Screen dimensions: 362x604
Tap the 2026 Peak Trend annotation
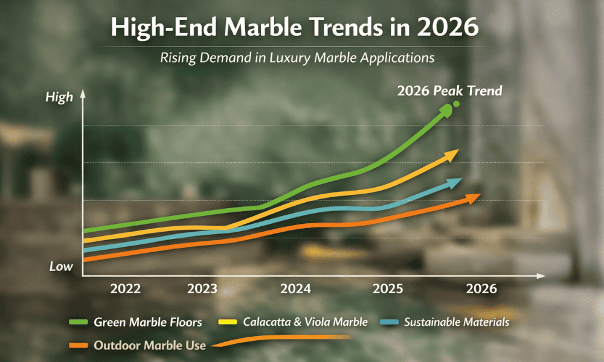449,91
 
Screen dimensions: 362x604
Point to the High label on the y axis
59,97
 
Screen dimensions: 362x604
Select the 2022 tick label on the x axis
126,288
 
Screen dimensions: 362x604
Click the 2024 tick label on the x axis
296,288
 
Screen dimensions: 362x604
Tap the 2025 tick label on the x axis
389,288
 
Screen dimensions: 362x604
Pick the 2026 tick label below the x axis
481,288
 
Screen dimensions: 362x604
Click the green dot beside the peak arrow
456,104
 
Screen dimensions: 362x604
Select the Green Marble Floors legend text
147,322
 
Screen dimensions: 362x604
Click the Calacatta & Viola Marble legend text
305,322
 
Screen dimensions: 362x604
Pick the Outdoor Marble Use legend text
150,346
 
